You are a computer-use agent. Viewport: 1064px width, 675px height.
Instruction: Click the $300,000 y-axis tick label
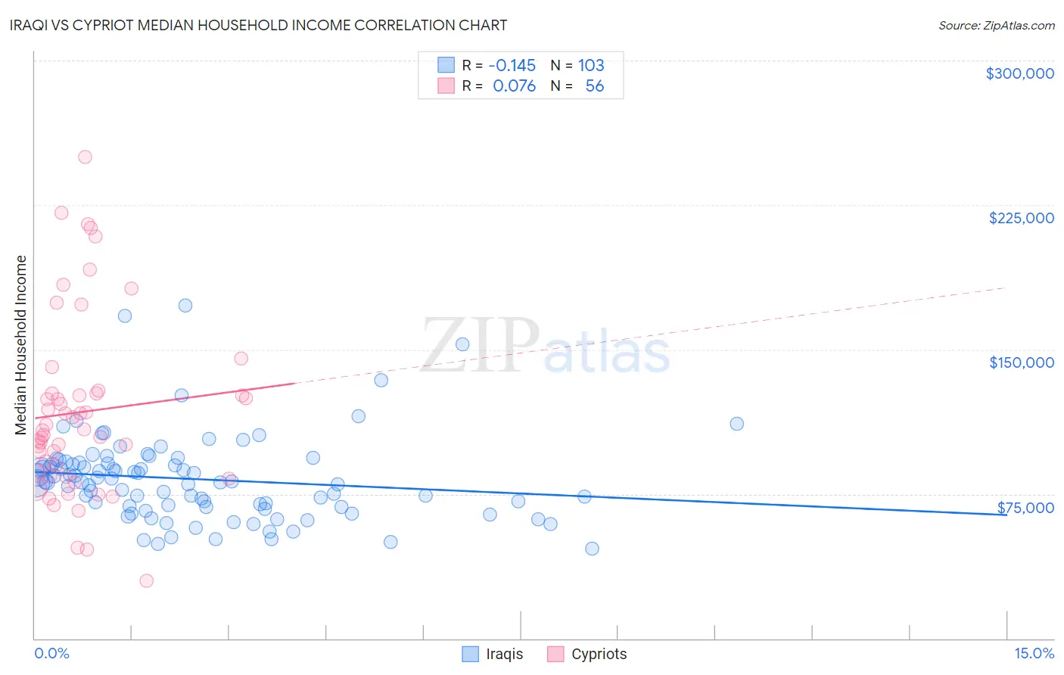click(x=1019, y=73)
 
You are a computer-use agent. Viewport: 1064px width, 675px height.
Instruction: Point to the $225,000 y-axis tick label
click(x=1021, y=218)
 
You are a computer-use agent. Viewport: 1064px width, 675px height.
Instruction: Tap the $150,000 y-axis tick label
click(x=1021, y=362)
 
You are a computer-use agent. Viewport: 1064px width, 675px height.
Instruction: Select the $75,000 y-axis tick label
click(x=1025, y=508)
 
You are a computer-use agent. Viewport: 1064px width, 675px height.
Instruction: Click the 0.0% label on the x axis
click(x=51, y=653)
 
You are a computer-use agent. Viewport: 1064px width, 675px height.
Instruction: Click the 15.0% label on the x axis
click(x=1034, y=653)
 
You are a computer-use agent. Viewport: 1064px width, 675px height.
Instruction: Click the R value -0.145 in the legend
click(x=512, y=65)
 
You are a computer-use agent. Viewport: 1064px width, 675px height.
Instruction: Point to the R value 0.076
click(x=514, y=86)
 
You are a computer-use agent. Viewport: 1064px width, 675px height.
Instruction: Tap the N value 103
click(x=591, y=65)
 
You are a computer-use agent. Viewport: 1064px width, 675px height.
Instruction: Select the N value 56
click(x=595, y=86)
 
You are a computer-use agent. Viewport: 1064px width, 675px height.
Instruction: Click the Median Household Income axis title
click(x=21, y=345)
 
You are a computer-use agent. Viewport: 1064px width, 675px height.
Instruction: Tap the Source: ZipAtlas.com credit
click(x=996, y=26)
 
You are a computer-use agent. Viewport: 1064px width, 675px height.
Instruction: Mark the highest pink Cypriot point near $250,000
click(x=86, y=157)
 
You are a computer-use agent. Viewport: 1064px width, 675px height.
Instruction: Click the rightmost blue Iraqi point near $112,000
click(x=736, y=424)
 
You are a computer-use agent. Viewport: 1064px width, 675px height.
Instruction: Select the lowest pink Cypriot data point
click(x=147, y=580)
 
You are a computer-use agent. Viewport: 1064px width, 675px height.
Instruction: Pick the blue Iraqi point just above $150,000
click(x=462, y=344)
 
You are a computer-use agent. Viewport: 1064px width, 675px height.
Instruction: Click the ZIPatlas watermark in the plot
click(x=545, y=346)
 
